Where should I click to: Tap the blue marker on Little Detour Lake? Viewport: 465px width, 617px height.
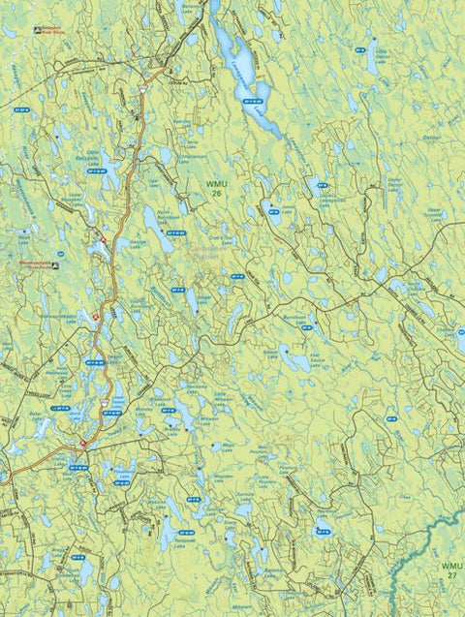(x=371, y=43)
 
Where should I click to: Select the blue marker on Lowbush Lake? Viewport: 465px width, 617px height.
(x=254, y=99)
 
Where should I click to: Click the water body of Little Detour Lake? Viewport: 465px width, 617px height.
(x=372, y=64)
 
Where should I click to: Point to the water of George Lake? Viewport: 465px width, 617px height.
(x=152, y=229)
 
